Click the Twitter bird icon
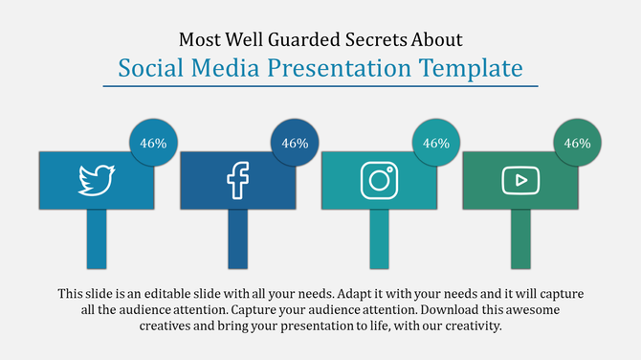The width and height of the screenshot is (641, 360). pos(96,179)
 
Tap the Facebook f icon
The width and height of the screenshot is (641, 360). pos(236,179)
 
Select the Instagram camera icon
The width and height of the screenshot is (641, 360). pos(378,179)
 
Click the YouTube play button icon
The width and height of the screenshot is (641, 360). pos(520,179)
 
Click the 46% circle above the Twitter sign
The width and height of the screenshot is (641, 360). pos(153,144)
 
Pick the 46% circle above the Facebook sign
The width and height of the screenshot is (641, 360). pos(295,144)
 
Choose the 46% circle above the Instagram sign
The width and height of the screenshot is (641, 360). pos(436,144)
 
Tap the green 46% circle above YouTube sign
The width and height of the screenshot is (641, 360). pos(578,144)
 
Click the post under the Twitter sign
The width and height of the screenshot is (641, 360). pos(96,238)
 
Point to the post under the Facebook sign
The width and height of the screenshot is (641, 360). pos(237,238)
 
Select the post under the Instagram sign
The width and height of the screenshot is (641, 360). pos(379,238)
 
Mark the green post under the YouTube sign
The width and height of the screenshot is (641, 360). pos(520,238)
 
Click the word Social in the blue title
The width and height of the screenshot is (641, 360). pos(148,68)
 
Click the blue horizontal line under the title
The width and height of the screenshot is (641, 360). pos(320,87)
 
